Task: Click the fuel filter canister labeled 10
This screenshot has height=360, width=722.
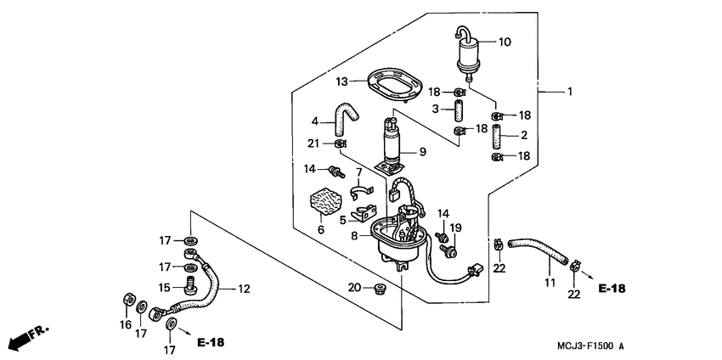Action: pyautogui.click(x=469, y=54)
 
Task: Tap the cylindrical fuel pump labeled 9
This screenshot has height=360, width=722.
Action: pyautogui.click(x=392, y=142)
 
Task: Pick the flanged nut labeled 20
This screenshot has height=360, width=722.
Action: pyautogui.click(x=380, y=290)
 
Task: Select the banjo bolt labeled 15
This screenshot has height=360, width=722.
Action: pyautogui.click(x=190, y=285)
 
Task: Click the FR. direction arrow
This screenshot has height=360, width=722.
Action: pyautogui.click(x=29, y=336)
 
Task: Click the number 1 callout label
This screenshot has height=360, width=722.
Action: pyautogui.click(x=570, y=92)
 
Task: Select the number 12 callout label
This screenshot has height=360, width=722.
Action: pyautogui.click(x=244, y=290)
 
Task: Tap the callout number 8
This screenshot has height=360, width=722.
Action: pyautogui.click(x=354, y=236)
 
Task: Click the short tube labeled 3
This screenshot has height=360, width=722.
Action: pyautogui.click(x=459, y=110)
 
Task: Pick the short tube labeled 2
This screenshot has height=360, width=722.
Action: pyautogui.click(x=497, y=135)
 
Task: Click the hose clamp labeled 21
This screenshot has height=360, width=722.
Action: pyautogui.click(x=340, y=144)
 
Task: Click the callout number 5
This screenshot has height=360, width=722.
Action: pyautogui.click(x=342, y=220)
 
